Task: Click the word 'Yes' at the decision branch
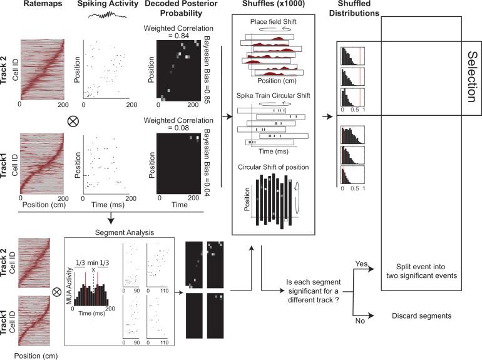point(360,264)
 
